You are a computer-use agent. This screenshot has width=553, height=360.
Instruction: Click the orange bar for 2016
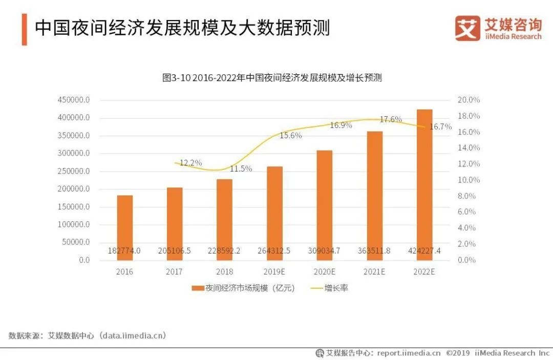click(124, 225)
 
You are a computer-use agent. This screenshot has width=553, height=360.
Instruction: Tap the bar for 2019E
click(274, 210)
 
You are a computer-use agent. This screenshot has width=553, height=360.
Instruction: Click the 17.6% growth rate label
click(391, 119)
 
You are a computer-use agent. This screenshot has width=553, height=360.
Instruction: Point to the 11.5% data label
click(241, 168)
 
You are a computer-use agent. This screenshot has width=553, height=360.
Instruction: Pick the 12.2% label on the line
click(190, 163)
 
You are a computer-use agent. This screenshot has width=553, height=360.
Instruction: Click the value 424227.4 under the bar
click(424, 251)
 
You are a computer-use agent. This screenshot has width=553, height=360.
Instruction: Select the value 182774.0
click(124, 251)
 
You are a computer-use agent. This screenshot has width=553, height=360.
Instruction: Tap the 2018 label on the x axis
click(224, 272)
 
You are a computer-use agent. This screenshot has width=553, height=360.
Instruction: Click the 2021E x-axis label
click(374, 272)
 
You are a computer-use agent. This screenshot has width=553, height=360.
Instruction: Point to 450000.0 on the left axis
click(74, 100)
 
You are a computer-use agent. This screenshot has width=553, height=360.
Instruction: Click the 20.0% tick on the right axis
click(469, 100)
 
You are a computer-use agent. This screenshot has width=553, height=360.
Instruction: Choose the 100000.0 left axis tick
click(74, 224)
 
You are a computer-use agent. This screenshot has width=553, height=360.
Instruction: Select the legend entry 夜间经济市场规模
click(243, 288)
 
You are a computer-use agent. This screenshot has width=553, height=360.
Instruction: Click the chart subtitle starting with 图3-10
click(272, 78)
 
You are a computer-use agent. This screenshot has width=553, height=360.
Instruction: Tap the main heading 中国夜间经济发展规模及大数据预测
click(182, 28)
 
